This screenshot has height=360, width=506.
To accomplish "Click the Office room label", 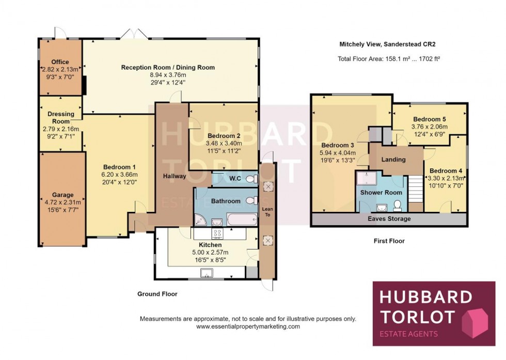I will pos(60,62).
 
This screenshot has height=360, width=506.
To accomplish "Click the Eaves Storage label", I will pos(390,219).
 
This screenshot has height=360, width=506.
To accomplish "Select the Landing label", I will pos(393,160).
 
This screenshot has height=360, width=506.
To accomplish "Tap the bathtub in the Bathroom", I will pos(241,220).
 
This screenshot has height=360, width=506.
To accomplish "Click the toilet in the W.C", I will pos(251,179).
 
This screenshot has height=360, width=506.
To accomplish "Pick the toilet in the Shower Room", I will pos(398,206).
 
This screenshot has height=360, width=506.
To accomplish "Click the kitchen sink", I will pos(210,273).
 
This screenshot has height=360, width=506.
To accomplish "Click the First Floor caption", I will pos(389,241).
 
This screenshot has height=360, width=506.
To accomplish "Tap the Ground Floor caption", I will pos(157,294).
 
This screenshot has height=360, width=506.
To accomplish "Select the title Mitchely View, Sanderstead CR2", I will pos(389,44).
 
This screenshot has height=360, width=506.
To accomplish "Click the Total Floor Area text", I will pos(389,58).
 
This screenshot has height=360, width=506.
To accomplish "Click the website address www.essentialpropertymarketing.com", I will pos(248,326).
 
